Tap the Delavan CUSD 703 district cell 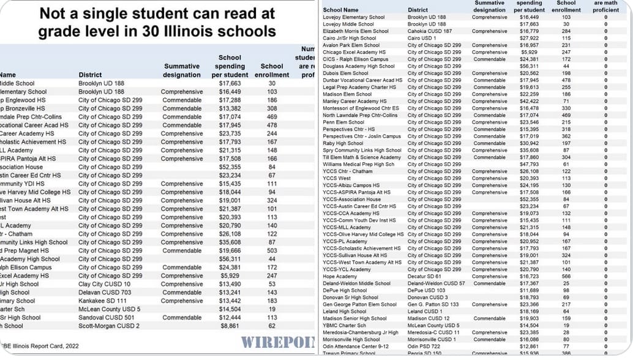tap(105, 293)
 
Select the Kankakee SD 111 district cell tap(103, 301)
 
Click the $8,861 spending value tap(230, 326)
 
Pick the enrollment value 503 tap(272, 250)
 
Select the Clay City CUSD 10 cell tap(104, 284)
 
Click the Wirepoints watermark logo tap(277, 342)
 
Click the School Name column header tap(341, 10)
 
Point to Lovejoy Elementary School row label tap(354, 17)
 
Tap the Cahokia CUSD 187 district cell tap(430, 31)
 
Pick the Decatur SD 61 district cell tap(425, 277)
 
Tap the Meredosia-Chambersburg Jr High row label tap(361, 332)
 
